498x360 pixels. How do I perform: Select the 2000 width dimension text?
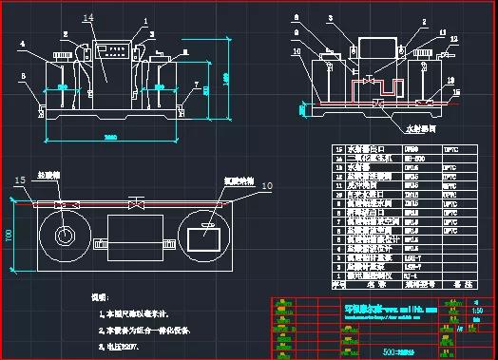coord(110,138)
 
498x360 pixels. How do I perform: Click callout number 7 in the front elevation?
coord(197,84)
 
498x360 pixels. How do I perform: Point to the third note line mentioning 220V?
coord(121,346)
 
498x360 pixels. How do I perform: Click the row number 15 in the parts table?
coord(336,150)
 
